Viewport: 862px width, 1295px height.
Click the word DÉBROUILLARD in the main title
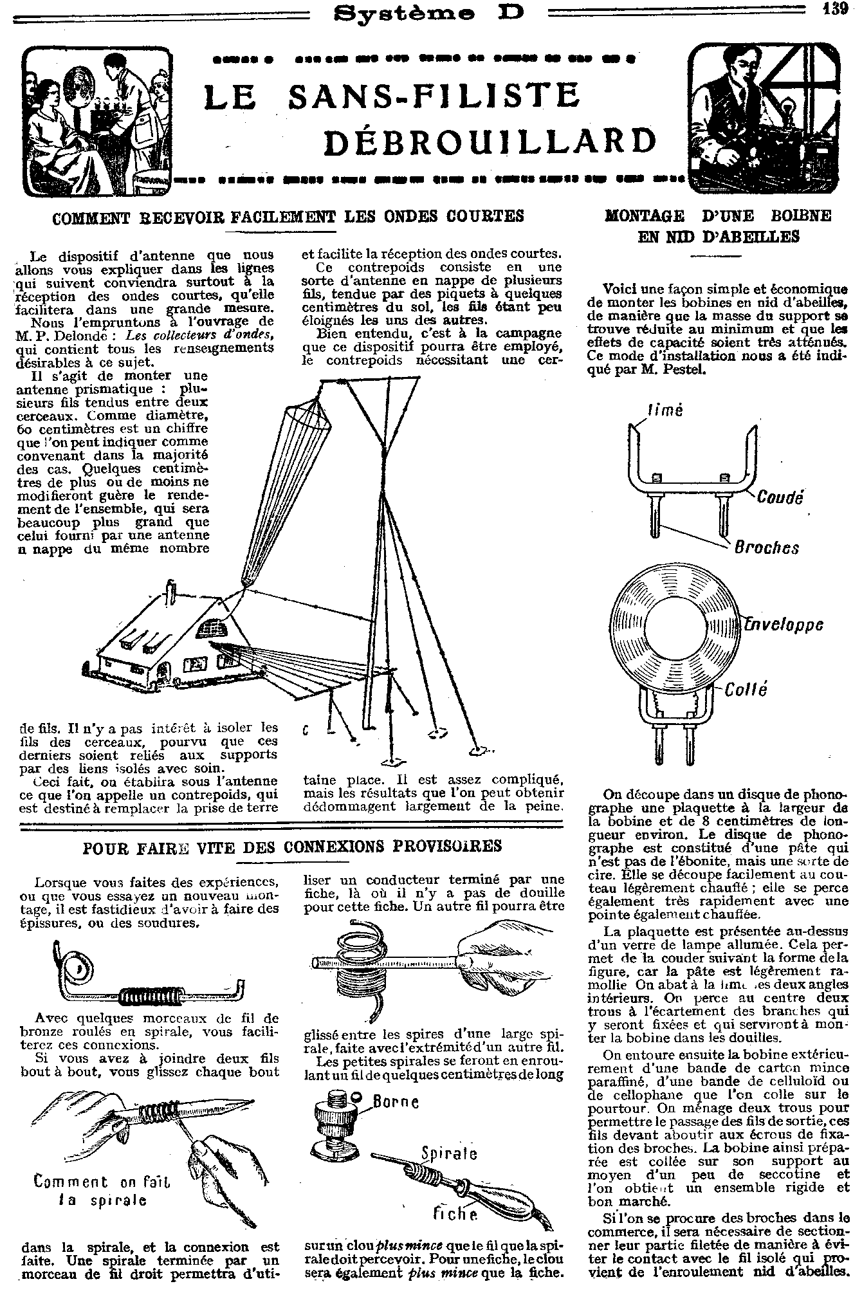coord(490,142)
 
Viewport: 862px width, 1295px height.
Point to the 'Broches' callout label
coord(766,547)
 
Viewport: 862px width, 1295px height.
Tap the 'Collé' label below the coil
coord(746,690)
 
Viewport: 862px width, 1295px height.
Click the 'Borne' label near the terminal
coord(396,1102)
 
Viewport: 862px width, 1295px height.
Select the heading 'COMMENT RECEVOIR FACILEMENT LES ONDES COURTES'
coord(288,216)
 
